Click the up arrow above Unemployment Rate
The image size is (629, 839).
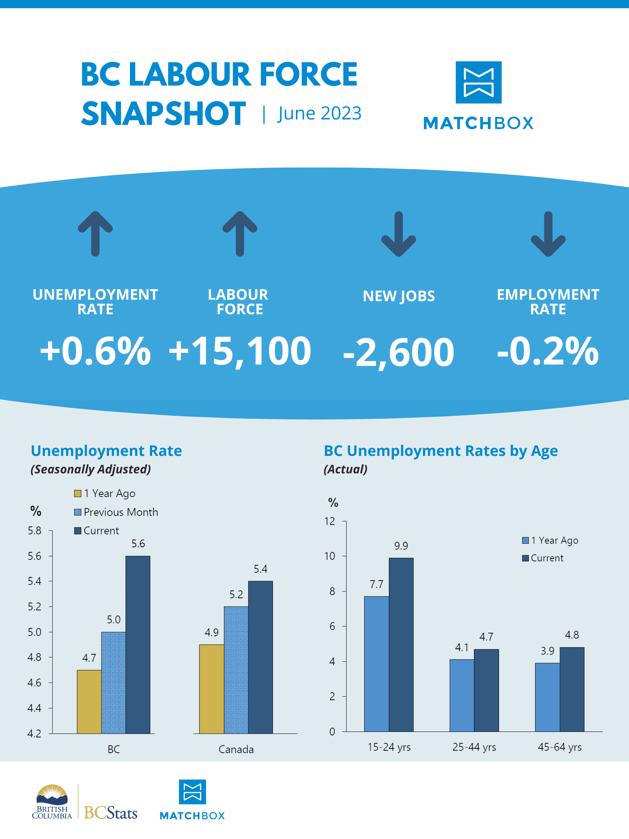[x=95, y=234]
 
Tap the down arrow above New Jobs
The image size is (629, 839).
[x=399, y=234]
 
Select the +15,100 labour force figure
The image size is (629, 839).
[x=240, y=351]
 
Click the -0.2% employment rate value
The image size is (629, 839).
[x=547, y=351]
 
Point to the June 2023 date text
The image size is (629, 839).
[x=319, y=113]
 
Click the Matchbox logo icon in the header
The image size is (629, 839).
[x=478, y=82]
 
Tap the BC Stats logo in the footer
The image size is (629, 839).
[x=110, y=812]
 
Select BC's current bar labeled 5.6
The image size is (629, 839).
[x=138, y=645]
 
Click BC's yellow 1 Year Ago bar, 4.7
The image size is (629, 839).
[x=89, y=702]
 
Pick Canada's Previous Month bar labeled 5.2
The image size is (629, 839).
[x=236, y=670]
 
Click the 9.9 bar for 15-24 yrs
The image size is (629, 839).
[x=401, y=645]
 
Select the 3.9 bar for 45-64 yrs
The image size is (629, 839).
[x=547, y=697]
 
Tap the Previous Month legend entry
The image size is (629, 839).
[x=116, y=512]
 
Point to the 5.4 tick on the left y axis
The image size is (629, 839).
[x=35, y=581]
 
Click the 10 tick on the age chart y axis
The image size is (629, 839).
[x=329, y=556]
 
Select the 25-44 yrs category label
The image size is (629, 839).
[x=474, y=747]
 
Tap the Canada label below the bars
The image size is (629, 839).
[x=236, y=749]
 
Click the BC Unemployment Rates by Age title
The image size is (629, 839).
[x=440, y=450]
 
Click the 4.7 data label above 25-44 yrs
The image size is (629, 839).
[x=486, y=637]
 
